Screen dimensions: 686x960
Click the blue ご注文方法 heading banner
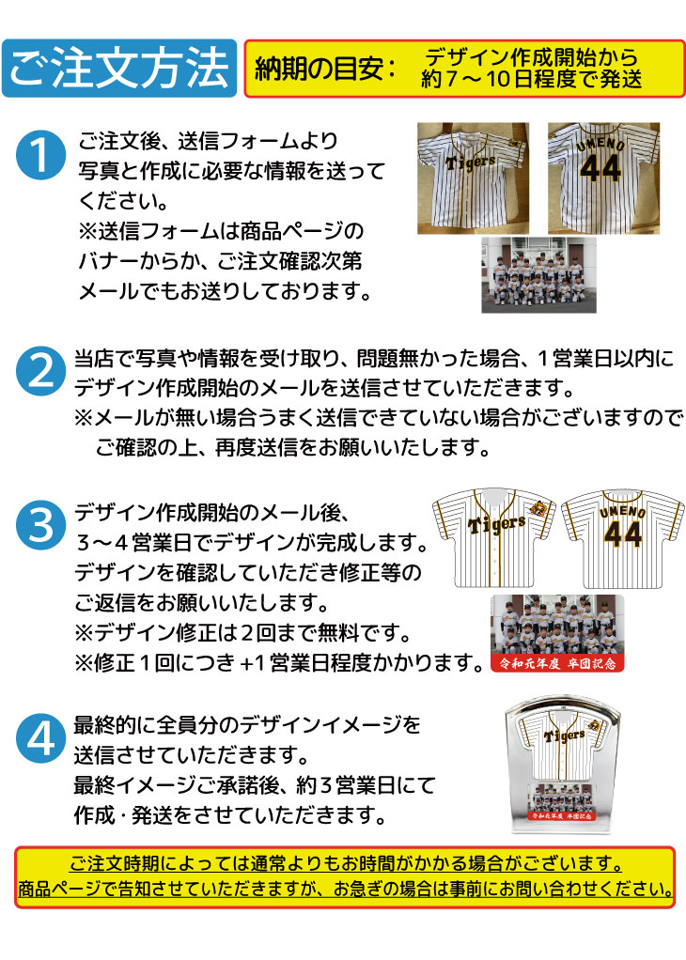(119, 68)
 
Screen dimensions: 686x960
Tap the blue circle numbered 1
(40, 155)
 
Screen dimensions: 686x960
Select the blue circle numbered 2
(40, 371)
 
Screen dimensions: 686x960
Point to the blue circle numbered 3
(40, 525)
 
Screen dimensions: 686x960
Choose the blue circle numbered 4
(40, 738)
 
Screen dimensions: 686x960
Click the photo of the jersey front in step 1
(473, 178)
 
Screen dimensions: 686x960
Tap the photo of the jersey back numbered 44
(603, 178)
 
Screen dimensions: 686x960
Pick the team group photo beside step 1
(538, 275)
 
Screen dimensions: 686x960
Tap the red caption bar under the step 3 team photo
(557, 663)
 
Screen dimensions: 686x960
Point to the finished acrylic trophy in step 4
(562, 764)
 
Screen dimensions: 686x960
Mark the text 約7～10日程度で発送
(531, 79)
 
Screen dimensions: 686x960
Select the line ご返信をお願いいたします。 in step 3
(202, 603)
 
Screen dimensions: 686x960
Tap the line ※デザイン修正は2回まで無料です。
(242, 632)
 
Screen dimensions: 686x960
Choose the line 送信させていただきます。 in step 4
(192, 755)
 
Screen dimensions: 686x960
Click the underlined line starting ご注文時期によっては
(346, 864)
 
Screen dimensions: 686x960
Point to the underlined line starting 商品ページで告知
(346, 889)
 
